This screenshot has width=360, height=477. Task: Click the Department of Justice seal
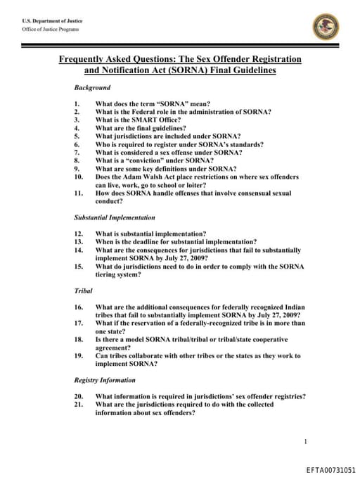point(326,27)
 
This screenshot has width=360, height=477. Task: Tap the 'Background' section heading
point(92,88)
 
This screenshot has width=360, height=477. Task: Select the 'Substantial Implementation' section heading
point(115,218)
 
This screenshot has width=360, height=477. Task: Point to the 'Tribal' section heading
point(84,291)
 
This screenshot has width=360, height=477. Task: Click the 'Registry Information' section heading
point(105,381)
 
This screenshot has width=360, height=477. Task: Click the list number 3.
point(77,120)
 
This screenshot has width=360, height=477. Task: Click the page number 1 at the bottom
point(305,441)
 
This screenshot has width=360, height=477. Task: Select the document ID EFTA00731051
point(330,469)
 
